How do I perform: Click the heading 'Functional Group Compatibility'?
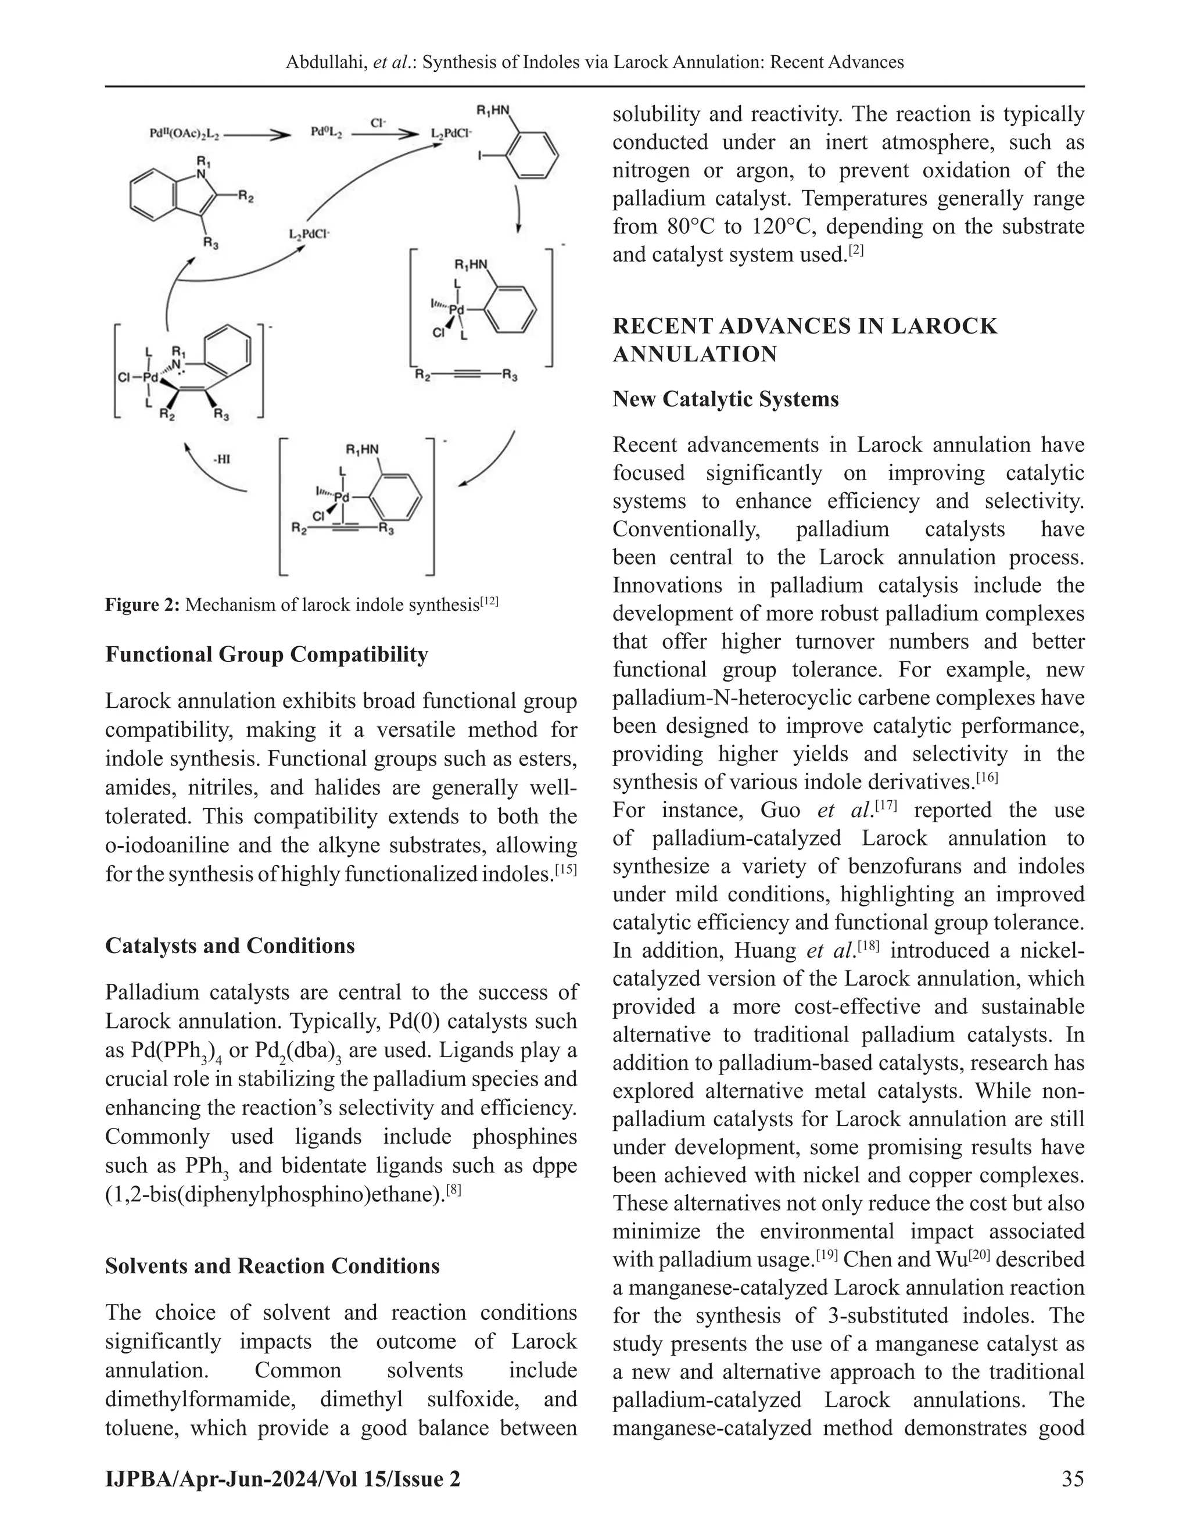[x=267, y=654]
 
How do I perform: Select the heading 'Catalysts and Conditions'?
[x=230, y=946]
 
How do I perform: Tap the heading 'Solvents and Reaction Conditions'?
[x=272, y=1266]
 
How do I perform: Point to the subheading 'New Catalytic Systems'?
[x=725, y=399]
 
